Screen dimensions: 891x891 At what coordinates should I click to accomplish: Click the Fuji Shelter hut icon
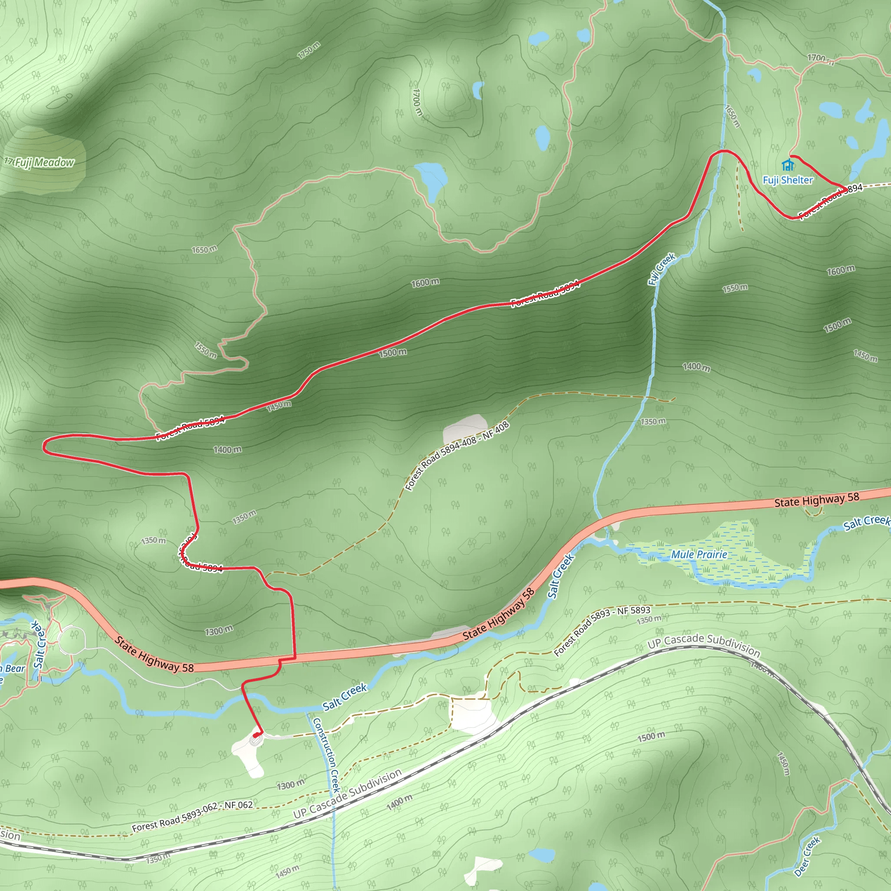click(788, 164)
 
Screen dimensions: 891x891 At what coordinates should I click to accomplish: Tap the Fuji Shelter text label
click(788, 180)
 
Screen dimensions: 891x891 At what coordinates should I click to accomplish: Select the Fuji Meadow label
click(44, 162)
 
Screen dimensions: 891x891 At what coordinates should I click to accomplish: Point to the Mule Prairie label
click(699, 554)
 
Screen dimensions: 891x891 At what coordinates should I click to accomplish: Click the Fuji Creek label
click(661, 269)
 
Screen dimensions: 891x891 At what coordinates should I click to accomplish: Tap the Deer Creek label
click(807, 856)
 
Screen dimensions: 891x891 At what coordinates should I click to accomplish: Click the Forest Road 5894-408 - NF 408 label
click(456, 456)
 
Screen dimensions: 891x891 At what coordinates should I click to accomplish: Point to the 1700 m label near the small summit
click(417, 102)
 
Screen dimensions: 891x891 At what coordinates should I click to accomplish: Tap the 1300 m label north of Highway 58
click(219, 630)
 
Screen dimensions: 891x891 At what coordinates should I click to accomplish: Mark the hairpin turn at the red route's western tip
click(45, 446)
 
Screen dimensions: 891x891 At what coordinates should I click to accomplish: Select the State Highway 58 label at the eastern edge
click(817, 499)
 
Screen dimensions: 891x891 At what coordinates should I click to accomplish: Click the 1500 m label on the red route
click(392, 353)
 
